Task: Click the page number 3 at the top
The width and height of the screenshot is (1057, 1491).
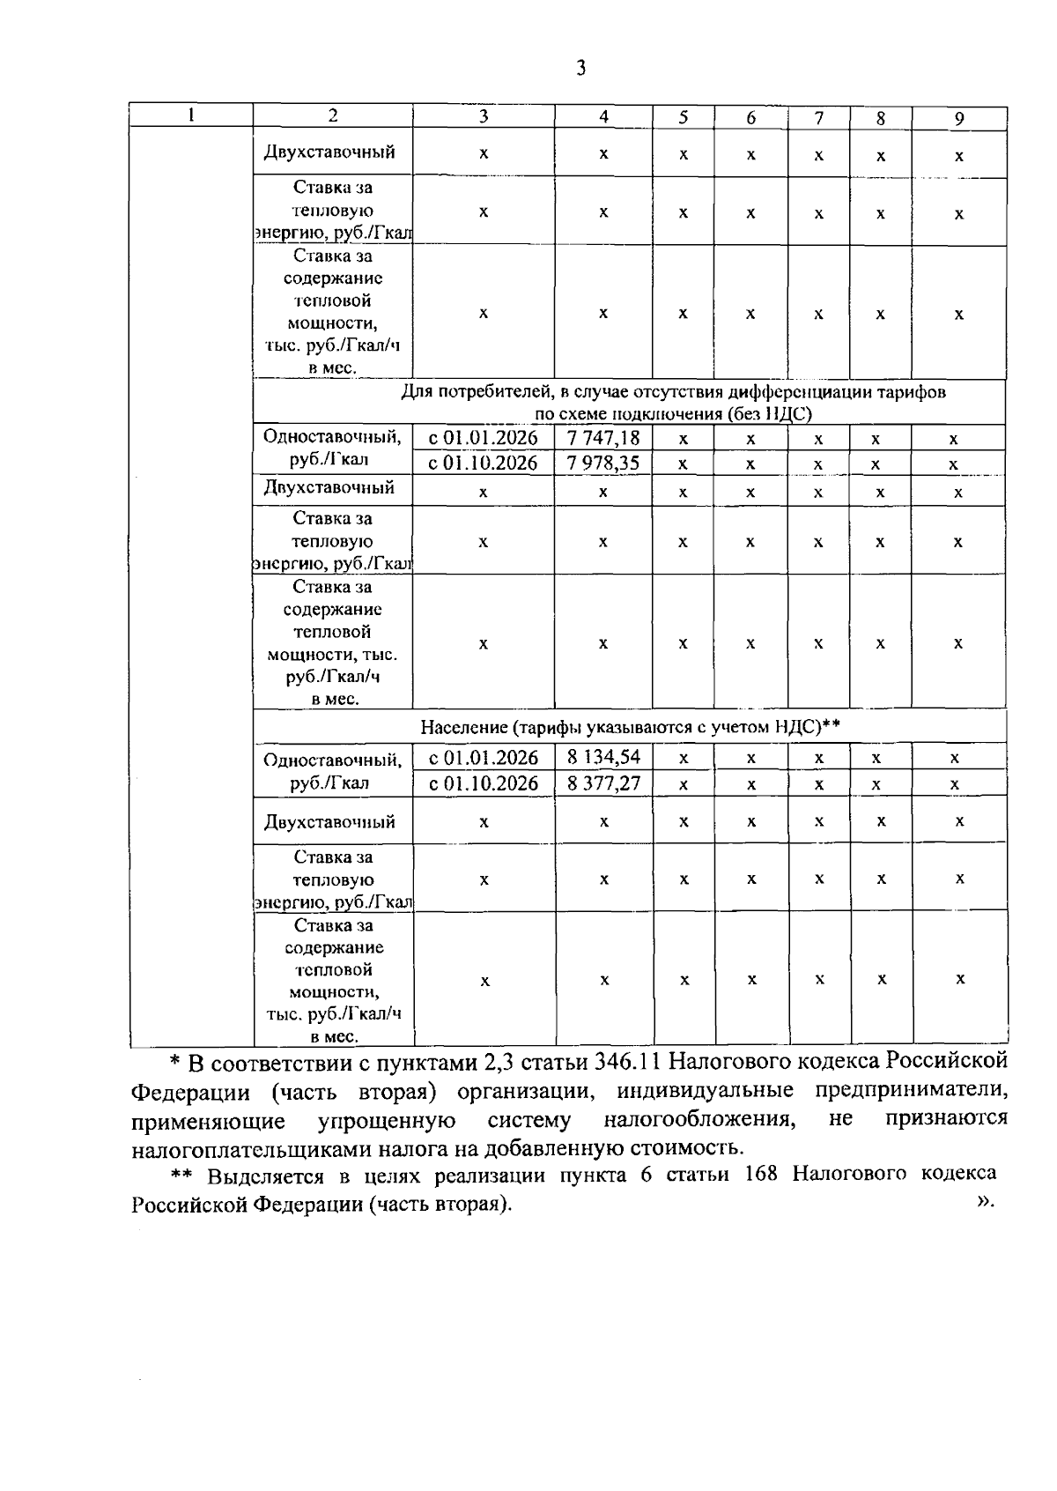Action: point(580,69)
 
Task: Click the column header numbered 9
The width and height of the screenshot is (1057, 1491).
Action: point(959,118)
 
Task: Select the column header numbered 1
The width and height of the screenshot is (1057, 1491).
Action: point(191,115)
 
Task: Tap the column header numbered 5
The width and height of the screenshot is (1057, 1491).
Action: point(683,117)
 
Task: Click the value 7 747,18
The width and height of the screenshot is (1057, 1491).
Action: point(603,437)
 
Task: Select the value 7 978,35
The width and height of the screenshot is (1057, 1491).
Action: point(603,463)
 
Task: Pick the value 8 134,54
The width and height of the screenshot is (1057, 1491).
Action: point(603,757)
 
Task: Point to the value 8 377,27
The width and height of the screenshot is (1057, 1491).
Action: point(603,783)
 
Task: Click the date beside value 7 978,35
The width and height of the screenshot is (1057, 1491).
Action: point(483,463)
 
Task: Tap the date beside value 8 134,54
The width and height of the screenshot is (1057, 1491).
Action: point(483,757)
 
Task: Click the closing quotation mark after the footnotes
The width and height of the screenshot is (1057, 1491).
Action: point(985,1200)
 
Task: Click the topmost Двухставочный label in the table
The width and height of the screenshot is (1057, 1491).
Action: point(329,152)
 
